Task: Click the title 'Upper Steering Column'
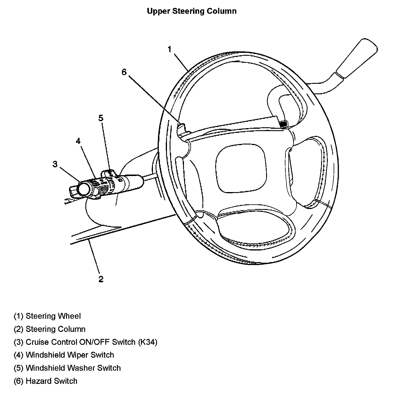tap(192, 11)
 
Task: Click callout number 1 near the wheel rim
tap(169, 50)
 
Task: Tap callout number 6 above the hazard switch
tap(124, 72)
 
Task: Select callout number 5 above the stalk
tap(101, 118)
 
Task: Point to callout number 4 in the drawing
tap(78, 141)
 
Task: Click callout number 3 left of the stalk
tap(55, 164)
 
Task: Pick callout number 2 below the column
tap(101, 279)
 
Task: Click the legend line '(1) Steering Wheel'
tap(47, 316)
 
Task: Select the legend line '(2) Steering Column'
tap(50, 329)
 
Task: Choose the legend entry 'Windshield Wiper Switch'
tap(70, 355)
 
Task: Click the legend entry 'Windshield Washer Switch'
tap(73, 368)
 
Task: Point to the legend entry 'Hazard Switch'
tap(51, 381)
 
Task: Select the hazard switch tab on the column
tap(182, 129)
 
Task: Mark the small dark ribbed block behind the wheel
tap(283, 124)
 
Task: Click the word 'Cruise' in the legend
tap(36, 342)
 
